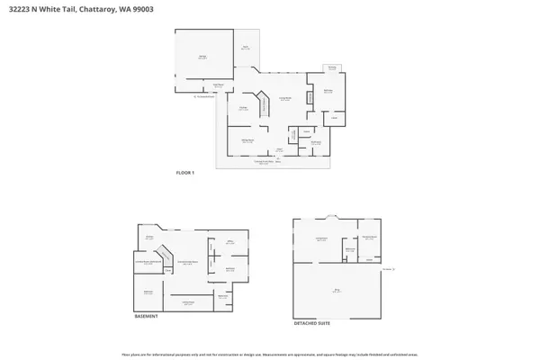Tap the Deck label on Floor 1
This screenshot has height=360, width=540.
[245, 47]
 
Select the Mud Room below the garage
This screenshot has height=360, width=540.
[218, 85]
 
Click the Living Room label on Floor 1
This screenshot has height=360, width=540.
[284, 99]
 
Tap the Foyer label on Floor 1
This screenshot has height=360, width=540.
[280, 148]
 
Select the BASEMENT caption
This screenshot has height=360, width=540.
[147, 317]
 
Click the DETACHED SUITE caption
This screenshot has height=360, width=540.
[311, 323]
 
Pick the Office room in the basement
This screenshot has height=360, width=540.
[230, 242]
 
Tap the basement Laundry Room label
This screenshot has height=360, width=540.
[148, 262]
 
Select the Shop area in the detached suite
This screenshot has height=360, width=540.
[337, 291]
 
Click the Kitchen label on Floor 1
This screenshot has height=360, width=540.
[243, 109]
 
